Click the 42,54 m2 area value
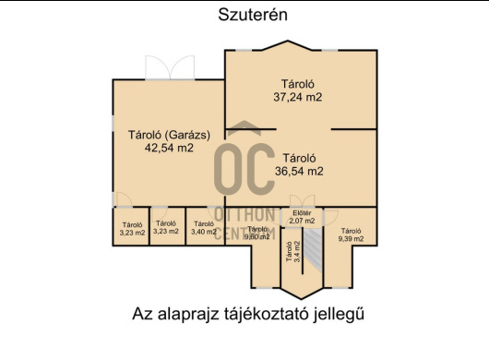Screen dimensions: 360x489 click(169, 148)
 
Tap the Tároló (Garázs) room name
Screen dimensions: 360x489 click(169, 135)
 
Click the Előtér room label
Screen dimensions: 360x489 click(302, 213)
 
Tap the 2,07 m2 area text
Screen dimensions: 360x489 click(302, 222)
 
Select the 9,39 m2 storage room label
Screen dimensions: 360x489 click(351, 239)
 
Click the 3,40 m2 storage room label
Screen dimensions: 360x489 click(202, 232)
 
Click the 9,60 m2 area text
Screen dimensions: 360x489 click(257, 236)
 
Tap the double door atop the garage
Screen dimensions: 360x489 click(169, 70)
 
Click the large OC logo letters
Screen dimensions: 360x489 click(244, 167)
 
